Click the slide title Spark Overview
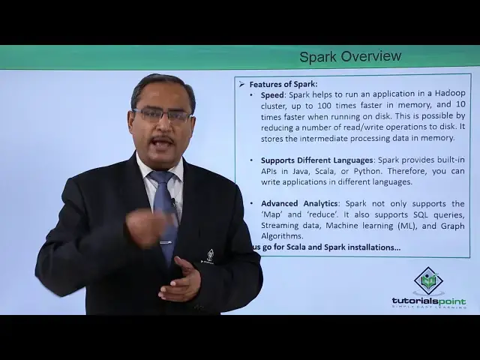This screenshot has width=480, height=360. [350, 56]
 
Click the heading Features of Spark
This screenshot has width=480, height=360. [283, 84]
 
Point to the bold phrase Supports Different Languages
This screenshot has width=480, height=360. [317, 160]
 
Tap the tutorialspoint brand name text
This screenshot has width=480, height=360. [428, 301]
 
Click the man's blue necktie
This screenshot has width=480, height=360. [165, 210]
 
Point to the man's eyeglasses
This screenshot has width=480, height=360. [162, 115]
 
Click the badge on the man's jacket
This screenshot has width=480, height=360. [210, 256]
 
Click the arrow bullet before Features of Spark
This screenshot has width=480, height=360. [241, 84]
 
